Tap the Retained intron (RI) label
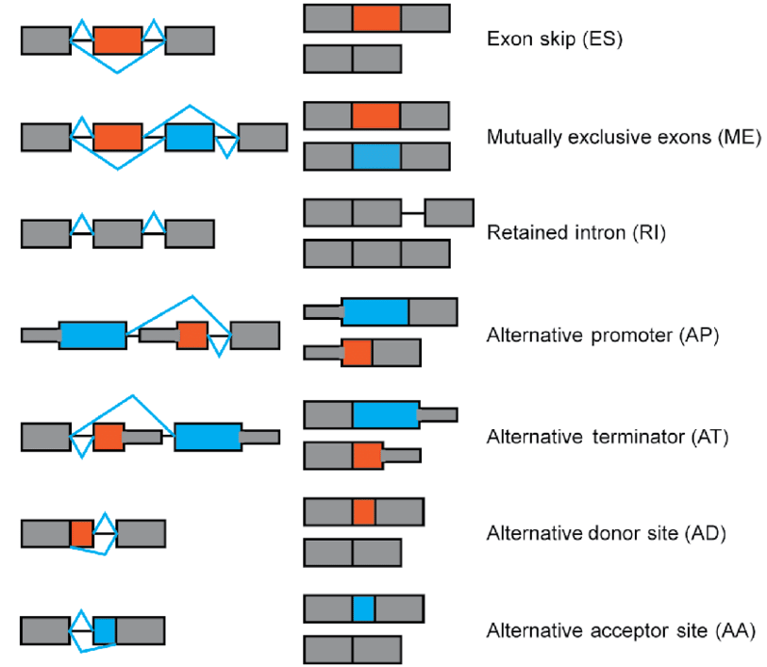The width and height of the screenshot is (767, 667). tap(576, 233)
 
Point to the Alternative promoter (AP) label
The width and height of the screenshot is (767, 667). tap(603, 335)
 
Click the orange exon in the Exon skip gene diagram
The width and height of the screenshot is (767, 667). tap(118, 40)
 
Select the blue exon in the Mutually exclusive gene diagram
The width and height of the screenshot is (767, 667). tap(190, 137)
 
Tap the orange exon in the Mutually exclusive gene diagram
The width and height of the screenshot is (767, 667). tap(118, 137)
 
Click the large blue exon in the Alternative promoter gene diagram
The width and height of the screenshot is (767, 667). tap(92, 335)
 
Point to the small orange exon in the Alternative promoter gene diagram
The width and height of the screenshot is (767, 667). tap(192, 335)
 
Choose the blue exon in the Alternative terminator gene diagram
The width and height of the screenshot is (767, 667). tap(208, 437)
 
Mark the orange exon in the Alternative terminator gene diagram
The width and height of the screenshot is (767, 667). tap(108, 437)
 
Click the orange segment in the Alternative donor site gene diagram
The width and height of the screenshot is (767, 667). tap(81, 533)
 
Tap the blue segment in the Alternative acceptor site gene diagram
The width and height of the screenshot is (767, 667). tap(104, 630)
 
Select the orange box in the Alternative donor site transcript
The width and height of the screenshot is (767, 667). tap(364, 512)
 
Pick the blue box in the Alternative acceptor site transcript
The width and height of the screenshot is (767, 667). tap(364, 609)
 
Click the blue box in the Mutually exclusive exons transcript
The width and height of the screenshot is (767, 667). tap(376, 157)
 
